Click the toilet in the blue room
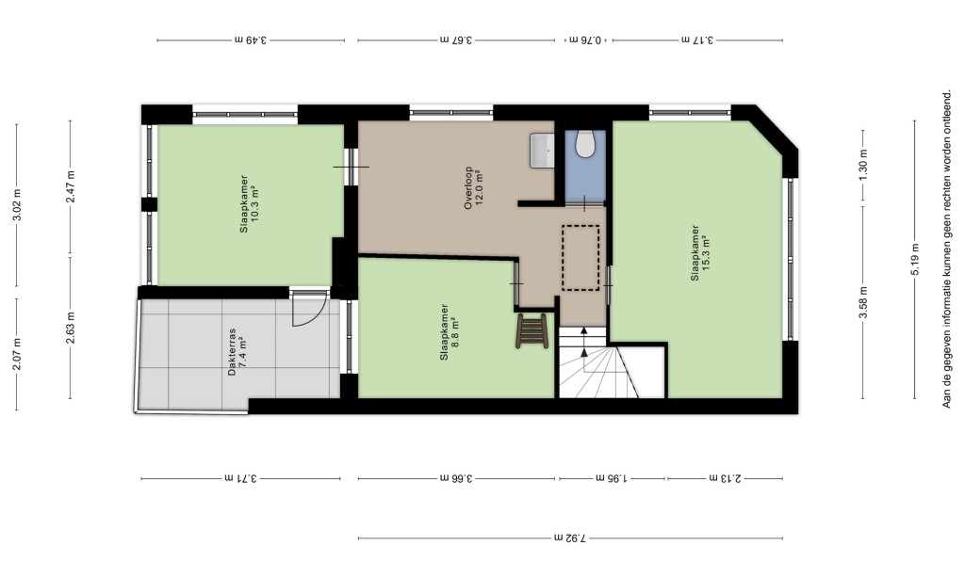click(584, 143)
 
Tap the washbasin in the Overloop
click(542, 150)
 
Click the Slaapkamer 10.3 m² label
click(249, 203)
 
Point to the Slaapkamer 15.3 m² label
click(700, 252)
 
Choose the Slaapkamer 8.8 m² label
click(450, 332)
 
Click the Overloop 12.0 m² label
click(474, 188)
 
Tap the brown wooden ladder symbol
click(532, 330)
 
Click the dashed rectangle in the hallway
click(581, 258)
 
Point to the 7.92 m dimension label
click(570, 538)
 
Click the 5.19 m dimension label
click(915, 261)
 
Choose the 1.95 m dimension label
click(613, 478)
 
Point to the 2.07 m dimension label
click(17, 355)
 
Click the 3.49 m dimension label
click(251, 40)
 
